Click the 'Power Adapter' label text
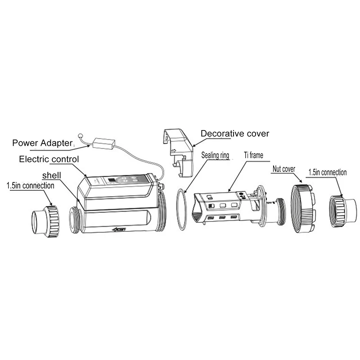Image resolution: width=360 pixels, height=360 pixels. (x=42, y=144)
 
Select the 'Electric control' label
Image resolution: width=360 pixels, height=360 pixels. (x=49, y=159)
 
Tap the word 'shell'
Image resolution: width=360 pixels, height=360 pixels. (x=52, y=174)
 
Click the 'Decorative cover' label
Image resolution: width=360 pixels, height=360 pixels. (x=234, y=133)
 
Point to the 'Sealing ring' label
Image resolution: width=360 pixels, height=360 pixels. (x=215, y=156)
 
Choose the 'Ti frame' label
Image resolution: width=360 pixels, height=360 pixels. (x=253, y=155)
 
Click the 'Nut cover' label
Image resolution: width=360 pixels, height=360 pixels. (x=283, y=170)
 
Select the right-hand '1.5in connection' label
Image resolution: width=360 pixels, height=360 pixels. (x=327, y=172)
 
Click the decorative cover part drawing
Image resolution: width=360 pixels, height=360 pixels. (x=178, y=148)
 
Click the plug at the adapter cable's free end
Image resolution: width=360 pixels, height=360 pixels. (x=80, y=135)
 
